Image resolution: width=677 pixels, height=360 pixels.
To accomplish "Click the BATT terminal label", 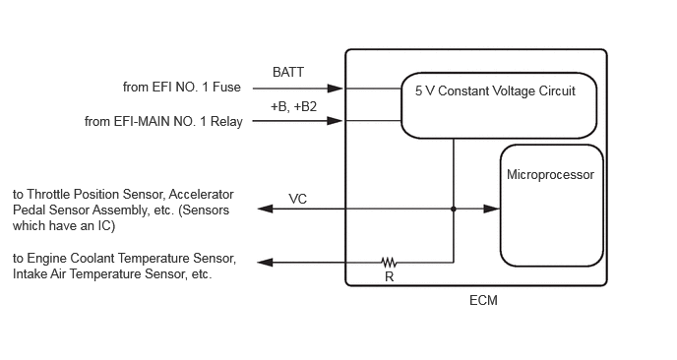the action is coord(288,72).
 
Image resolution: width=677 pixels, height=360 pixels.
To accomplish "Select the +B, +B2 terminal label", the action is coord(293,106).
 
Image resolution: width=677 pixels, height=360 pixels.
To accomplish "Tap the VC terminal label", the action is coord(297,199).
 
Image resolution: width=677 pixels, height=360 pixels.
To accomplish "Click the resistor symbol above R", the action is coord(389,262).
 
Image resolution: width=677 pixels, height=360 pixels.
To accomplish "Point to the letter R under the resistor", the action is coord(389,276).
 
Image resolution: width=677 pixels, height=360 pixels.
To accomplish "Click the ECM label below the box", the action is coord(483,300).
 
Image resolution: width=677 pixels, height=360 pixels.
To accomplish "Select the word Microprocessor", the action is coord(550,175).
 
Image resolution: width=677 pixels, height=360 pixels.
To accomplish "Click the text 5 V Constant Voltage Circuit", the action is coord(495,91).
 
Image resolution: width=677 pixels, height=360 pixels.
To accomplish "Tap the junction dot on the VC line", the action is coord(454,209).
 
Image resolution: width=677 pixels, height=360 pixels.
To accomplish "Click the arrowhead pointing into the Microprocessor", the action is coord(491,209).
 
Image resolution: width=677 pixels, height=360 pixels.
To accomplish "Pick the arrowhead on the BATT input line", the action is coord(335,89).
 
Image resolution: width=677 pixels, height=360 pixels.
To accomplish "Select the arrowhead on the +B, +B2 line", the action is coord(335,121).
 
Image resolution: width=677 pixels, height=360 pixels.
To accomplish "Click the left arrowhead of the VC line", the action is coord(265,209).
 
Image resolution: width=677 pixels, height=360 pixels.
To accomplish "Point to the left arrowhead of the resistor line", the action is coord(265,262).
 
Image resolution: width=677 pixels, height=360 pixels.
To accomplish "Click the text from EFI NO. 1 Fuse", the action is coord(182,88).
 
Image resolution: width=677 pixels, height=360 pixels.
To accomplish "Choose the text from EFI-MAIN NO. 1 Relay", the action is coord(163,122).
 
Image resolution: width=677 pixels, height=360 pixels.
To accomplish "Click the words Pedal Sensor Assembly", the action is coord(80,210).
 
